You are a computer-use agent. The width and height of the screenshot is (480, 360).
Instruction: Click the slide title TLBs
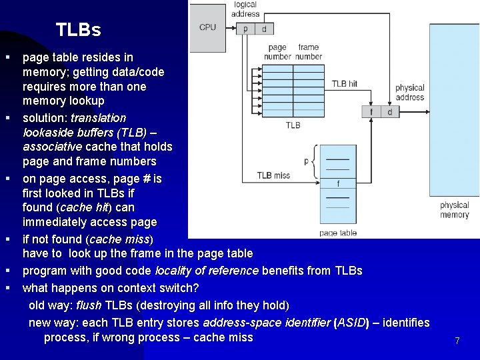click(x=79, y=30)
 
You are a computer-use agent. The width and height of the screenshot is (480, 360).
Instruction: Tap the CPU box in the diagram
click(x=207, y=27)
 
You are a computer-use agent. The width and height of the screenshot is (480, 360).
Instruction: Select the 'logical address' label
click(x=245, y=9)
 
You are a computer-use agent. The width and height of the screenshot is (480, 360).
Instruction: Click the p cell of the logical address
click(x=245, y=29)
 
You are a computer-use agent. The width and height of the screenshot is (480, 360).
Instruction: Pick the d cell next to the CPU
click(x=263, y=29)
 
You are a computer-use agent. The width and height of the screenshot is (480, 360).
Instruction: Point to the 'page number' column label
click(x=277, y=52)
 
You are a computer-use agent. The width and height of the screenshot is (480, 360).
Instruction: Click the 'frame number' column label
click(x=309, y=52)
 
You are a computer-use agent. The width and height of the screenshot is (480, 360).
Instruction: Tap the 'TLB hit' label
click(x=345, y=84)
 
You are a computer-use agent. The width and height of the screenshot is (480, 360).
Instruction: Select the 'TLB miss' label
click(x=274, y=176)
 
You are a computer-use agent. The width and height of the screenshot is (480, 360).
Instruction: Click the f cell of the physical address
click(x=371, y=111)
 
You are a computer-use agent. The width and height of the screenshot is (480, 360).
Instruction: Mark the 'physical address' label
click(x=409, y=92)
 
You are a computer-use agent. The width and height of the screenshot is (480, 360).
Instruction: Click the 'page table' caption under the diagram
click(x=338, y=233)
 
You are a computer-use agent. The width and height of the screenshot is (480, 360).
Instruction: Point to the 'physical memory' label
click(x=454, y=210)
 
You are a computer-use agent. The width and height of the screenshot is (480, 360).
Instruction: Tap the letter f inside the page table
click(x=338, y=183)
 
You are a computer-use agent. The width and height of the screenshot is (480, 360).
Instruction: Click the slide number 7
click(x=457, y=341)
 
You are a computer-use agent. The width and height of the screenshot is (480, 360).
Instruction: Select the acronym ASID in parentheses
click(x=351, y=323)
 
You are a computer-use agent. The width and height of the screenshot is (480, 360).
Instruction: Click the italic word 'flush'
click(x=89, y=305)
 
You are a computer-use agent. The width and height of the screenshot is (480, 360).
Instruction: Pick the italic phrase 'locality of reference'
click(x=207, y=271)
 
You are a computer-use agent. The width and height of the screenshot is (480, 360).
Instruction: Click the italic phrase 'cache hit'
click(x=83, y=207)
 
